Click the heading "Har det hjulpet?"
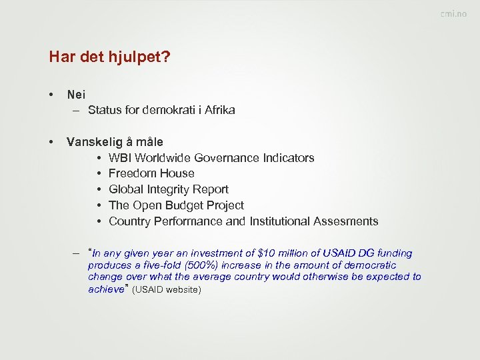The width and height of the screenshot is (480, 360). [x=109, y=57]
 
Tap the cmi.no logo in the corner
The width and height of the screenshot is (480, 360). [x=453, y=14]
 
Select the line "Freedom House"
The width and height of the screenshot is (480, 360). [x=151, y=173]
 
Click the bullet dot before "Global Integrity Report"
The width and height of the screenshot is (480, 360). [x=98, y=189]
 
